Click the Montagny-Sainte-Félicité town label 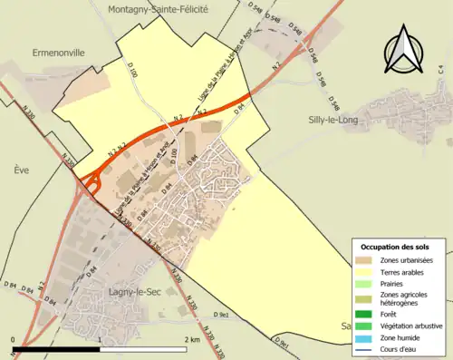pos(158,8)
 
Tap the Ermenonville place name pos(59,54)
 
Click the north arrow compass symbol pos(405,53)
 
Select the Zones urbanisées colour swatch pos(363,261)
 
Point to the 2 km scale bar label pos(191,340)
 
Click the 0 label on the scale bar pos(14,340)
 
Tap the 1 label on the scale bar pos(99,340)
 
